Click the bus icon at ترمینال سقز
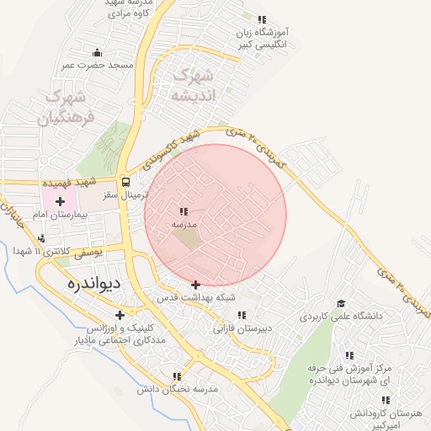[x=125, y=181]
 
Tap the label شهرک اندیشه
[x=193, y=85]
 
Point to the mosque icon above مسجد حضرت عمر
[x=98, y=52]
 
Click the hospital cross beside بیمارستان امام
[x=60, y=201]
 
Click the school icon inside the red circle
[x=184, y=212]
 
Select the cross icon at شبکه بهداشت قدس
[x=196, y=285]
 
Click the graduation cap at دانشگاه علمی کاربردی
[x=341, y=304]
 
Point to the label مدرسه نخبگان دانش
[x=177, y=389]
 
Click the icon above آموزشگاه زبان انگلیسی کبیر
[x=262, y=19]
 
